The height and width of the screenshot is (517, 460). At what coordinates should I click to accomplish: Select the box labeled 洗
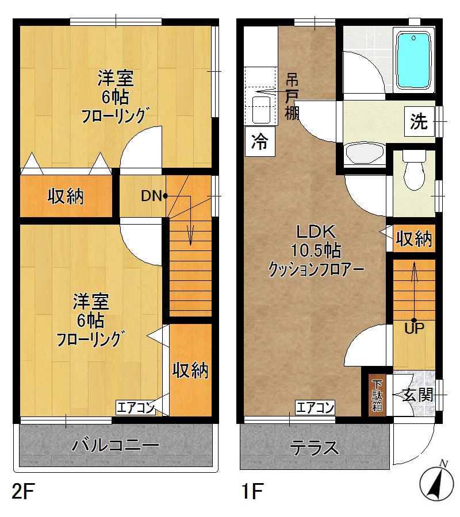pyautogui.click(x=419, y=121)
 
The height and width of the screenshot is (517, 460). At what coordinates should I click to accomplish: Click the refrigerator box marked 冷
pyautogui.click(x=260, y=141)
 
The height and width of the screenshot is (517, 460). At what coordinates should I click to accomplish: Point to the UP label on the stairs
pyautogui.click(x=414, y=329)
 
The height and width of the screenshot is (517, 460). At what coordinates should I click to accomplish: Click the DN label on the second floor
pyautogui.click(x=151, y=196)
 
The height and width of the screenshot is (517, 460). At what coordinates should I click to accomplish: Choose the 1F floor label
pyautogui.click(x=252, y=492)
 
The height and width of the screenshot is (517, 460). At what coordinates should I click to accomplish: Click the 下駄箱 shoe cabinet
pyautogui.click(x=377, y=395)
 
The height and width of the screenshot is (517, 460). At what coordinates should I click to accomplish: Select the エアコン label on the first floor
pyautogui.click(x=315, y=408)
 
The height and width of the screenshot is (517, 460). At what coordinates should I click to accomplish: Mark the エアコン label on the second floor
pyautogui.click(x=136, y=408)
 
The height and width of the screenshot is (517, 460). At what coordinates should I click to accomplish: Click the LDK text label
pyautogui.click(x=315, y=232)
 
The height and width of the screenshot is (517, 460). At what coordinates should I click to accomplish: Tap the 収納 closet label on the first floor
pyautogui.click(x=414, y=238)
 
